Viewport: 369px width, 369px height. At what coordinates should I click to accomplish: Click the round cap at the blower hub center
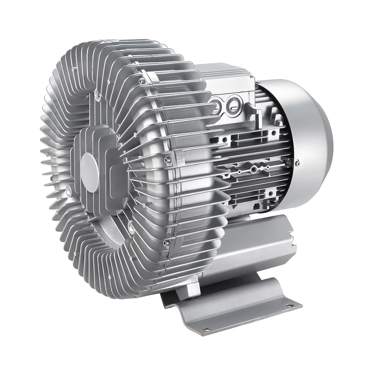pyautogui.click(x=90, y=172)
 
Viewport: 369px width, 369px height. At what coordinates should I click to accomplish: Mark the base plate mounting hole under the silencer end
pyautogui.click(x=289, y=306)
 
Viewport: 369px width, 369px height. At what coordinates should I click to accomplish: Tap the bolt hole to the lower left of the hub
pyautogui.click(x=69, y=189)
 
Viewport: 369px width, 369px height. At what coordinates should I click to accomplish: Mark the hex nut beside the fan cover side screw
pyautogui.click(x=289, y=161)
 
